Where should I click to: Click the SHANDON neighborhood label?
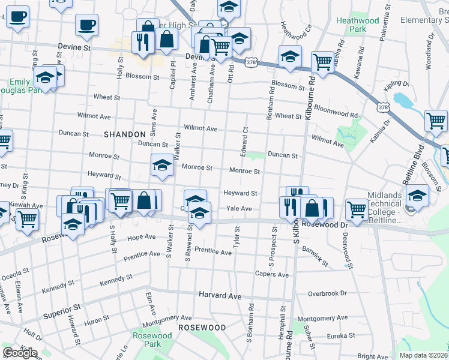click(x=125, y=134)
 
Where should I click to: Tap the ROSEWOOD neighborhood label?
click(x=202, y=328)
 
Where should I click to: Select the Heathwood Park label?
click(x=358, y=25)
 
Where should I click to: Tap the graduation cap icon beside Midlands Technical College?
click(x=418, y=195)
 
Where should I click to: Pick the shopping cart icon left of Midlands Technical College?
click(x=357, y=210)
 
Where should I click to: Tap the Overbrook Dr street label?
click(x=327, y=293)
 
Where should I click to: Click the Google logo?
click(x=20, y=353)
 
